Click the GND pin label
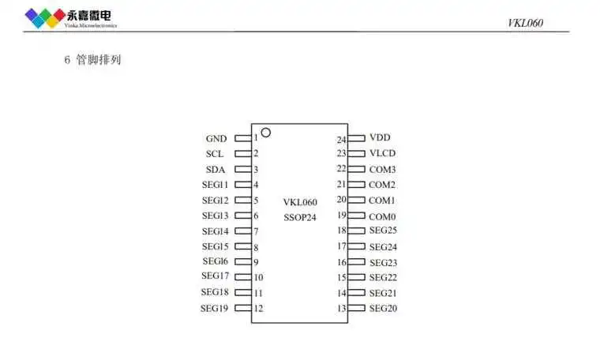[216, 138]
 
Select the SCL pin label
[215, 153]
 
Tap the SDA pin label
[216, 169]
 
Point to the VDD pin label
[380, 137]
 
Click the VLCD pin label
[382, 153]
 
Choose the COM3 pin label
[382, 169]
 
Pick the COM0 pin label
[382, 216]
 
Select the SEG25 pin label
[383, 231]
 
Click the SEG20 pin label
[383, 308]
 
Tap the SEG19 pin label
[214, 308]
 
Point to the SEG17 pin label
[215, 276]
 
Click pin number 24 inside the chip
[341, 140]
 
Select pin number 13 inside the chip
[341, 309]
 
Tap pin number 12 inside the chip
[259, 309]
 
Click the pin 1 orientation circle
[266, 133]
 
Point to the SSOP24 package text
[300, 216]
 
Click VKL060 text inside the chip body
[300, 202]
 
